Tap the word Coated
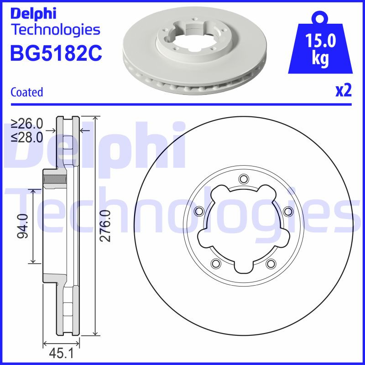coord(26,92)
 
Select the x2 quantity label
coord(344,91)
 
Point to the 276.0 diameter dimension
coord(106,226)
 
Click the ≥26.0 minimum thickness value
coord(27,123)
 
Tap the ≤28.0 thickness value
coord(27,136)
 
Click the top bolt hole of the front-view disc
coord(243,178)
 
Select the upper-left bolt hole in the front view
coord(198,211)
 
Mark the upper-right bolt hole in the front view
coord(288,211)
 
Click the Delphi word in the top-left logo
coord(33,13)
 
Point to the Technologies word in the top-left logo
coord(55,30)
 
